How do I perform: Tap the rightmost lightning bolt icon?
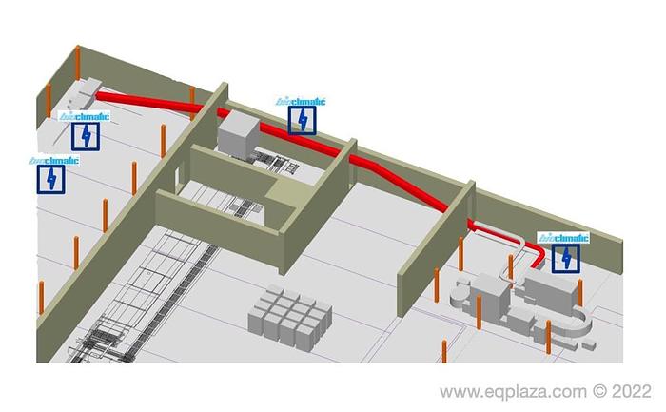click(x=567, y=258)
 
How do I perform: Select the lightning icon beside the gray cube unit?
click(x=302, y=120)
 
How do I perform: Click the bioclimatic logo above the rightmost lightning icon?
click(x=563, y=238)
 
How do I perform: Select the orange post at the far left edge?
click(x=41, y=294)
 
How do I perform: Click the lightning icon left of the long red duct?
click(x=86, y=135)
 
